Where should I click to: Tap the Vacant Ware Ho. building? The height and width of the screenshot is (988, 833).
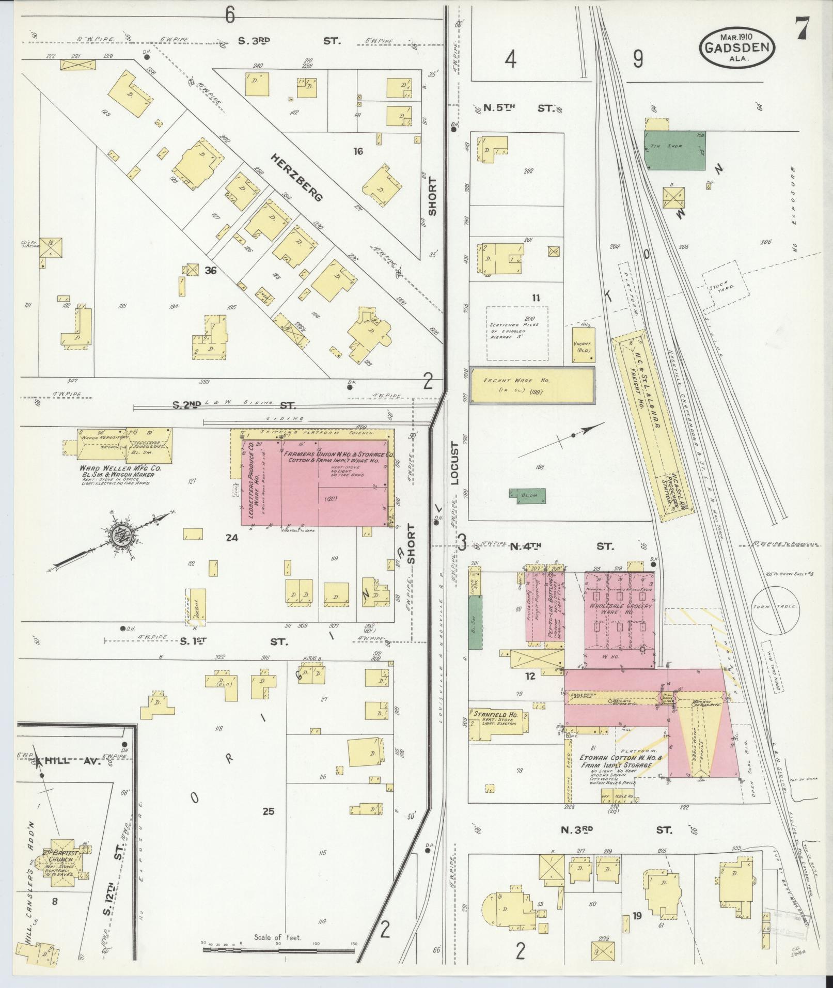click(531, 385)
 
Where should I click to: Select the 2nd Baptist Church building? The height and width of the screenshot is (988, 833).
click(63, 861)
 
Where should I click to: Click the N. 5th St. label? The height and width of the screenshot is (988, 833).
click(517, 108)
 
